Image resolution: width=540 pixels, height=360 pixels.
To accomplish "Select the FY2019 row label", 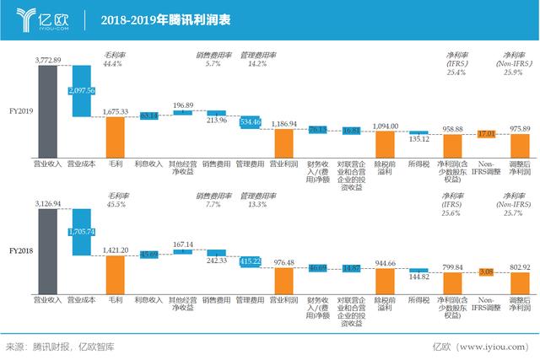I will (x=20, y=110).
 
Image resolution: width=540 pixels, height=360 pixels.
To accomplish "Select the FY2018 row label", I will (x=20, y=250).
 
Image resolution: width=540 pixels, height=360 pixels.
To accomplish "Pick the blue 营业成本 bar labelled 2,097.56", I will (x=81, y=90).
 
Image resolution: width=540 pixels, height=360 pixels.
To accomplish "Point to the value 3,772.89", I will (x=47, y=61).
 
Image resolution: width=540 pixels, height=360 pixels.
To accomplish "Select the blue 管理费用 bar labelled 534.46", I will (x=250, y=122).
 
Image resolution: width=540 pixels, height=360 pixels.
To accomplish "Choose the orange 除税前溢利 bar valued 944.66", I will (x=385, y=279).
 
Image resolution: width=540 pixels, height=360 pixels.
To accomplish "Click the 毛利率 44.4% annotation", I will (x=114, y=59).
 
